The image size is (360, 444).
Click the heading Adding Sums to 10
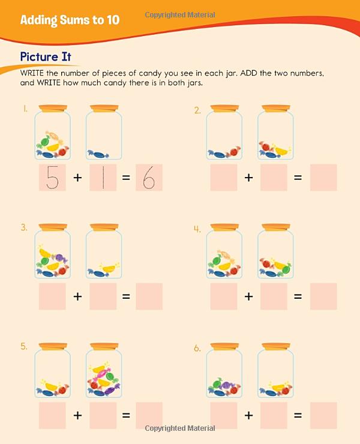pyautogui.click(x=70, y=20)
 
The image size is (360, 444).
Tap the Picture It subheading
pyautogui.click(x=46, y=56)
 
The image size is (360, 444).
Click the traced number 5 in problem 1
pyautogui.click(x=52, y=178)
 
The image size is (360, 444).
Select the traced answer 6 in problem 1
pyautogui.click(x=149, y=178)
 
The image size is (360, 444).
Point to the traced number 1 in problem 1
pyautogui.click(x=103, y=178)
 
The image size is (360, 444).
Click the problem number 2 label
pyautogui.click(x=197, y=110)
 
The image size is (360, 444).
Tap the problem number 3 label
pyautogui.click(x=25, y=227)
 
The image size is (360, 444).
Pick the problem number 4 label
pyautogui.click(x=197, y=228)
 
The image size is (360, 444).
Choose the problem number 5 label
pyautogui.click(x=25, y=346)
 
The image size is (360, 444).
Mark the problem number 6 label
pyautogui.click(x=197, y=347)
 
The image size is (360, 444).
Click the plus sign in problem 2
pyautogui.click(x=248, y=178)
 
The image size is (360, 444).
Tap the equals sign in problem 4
pyautogui.click(x=298, y=296)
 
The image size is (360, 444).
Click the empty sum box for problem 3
pyautogui.click(x=149, y=296)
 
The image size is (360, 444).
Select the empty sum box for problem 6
pyautogui.click(x=323, y=415)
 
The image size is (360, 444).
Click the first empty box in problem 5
pyautogui.click(x=52, y=415)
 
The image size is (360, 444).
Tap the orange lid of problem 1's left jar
pyautogui.click(x=52, y=109)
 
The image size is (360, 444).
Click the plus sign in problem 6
pyautogui.click(x=248, y=415)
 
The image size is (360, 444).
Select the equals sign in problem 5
pyautogui.click(x=126, y=415)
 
